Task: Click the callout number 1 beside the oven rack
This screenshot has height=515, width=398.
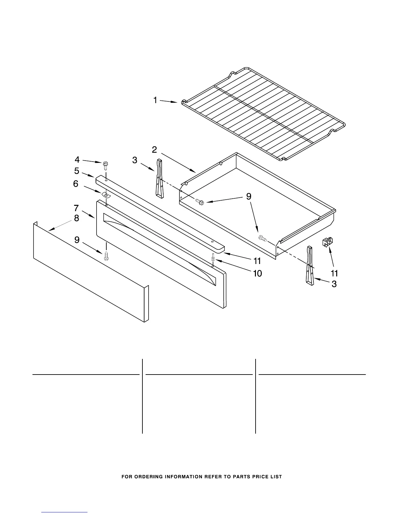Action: tap(155, 100)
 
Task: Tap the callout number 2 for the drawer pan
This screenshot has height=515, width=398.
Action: tap(154, 150)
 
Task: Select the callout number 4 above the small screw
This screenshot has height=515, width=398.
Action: tap(77, 159)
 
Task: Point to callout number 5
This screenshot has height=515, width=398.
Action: tap(77, 170)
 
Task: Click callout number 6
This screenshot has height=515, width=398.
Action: tap(75, 184)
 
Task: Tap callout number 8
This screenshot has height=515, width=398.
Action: tap(76, 218)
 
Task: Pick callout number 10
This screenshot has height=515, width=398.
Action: tap(257, 273)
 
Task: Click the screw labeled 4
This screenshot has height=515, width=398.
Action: tap(105, 165)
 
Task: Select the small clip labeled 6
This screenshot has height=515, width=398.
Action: tap(105, 195)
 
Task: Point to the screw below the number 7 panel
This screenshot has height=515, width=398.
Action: tap(106, 256)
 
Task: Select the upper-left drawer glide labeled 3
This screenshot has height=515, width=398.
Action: tap(159, 178)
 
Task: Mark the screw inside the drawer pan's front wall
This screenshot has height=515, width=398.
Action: tap(262, 238)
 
